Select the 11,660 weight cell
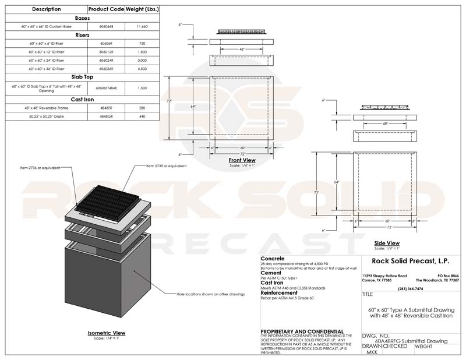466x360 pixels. click(x=142, y=26)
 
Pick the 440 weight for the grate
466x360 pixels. click(x=142, y=117)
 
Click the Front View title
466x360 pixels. click(x=242, y=160)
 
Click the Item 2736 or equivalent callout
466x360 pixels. click(x=40, y=168)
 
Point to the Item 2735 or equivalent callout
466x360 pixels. click(x=167, y=166)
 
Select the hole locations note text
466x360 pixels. click(x=211, y=295)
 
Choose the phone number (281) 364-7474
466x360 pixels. click(x=410, y=288)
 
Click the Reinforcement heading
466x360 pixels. click(x=283, y=293)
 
